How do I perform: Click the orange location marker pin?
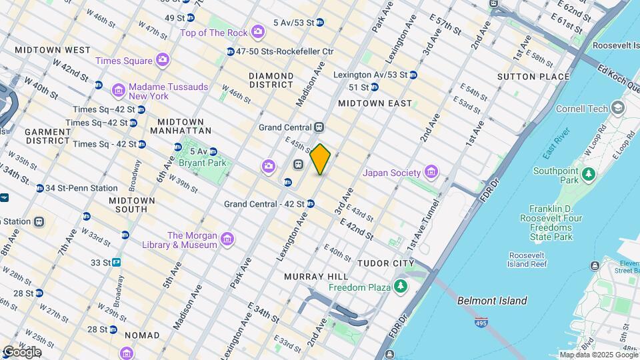pyautogui.click(x=320, y=159)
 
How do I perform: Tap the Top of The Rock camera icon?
pyautogui.click(x=258, y=32)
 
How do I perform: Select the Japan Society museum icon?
pyautogui.click(x=431, y=173)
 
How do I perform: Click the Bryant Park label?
pyautogui.click(x=203, y=162)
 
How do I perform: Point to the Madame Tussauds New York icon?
pyautogui.click(x=119, y=89)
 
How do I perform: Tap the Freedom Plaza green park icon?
pyautogui.click(x=401, y=287)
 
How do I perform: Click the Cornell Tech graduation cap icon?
pyautogui.click(x=618, y=108)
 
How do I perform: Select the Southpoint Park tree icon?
pyautogui.click(x=588, y=175)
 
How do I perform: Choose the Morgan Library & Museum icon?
pyautogui.click(x=227, y=239)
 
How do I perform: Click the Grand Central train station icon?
pyautogui.click(x=319, y=127)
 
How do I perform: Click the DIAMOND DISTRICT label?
pyautogui.click(x=271, y=80)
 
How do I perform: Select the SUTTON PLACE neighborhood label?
pyautogui.click(x=533, y=77)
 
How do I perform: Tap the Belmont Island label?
pyautogui.click(x=492, y=301)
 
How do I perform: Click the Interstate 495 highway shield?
pyautogui.click(x=481, y=323)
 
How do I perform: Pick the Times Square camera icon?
pyautogui.click(x=163, y=61)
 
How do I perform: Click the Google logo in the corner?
pyautogui.click(x=21, y=351)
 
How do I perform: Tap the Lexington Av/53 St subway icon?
pyautogui.click(x=413, y=75)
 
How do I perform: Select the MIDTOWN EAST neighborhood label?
pyautogui.click(x=375, y=103)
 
